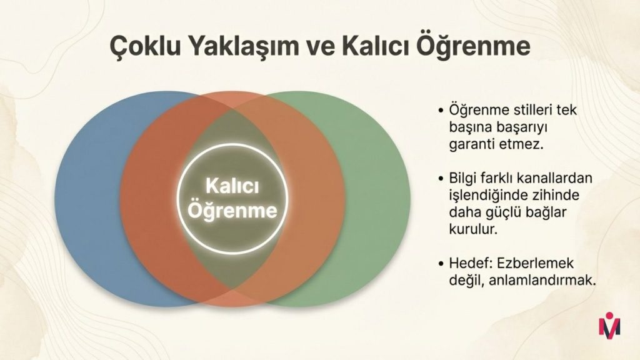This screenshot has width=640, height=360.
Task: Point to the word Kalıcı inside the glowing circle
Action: pos(232,186)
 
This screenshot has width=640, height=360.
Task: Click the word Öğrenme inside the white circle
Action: pos(232,210)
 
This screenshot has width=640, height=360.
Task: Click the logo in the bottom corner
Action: pos(609,324)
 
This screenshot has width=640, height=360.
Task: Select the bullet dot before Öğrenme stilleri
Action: pos(441,111)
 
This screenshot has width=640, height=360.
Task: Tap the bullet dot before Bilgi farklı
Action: pos(441,179)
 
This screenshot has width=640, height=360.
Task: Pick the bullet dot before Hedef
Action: pos(441,264)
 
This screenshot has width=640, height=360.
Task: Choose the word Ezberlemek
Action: pos(535,263)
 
